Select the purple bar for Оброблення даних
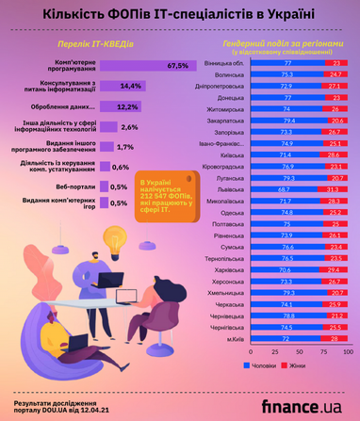[120, 105]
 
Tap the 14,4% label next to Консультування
[131, 86]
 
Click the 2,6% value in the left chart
[130, 126]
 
